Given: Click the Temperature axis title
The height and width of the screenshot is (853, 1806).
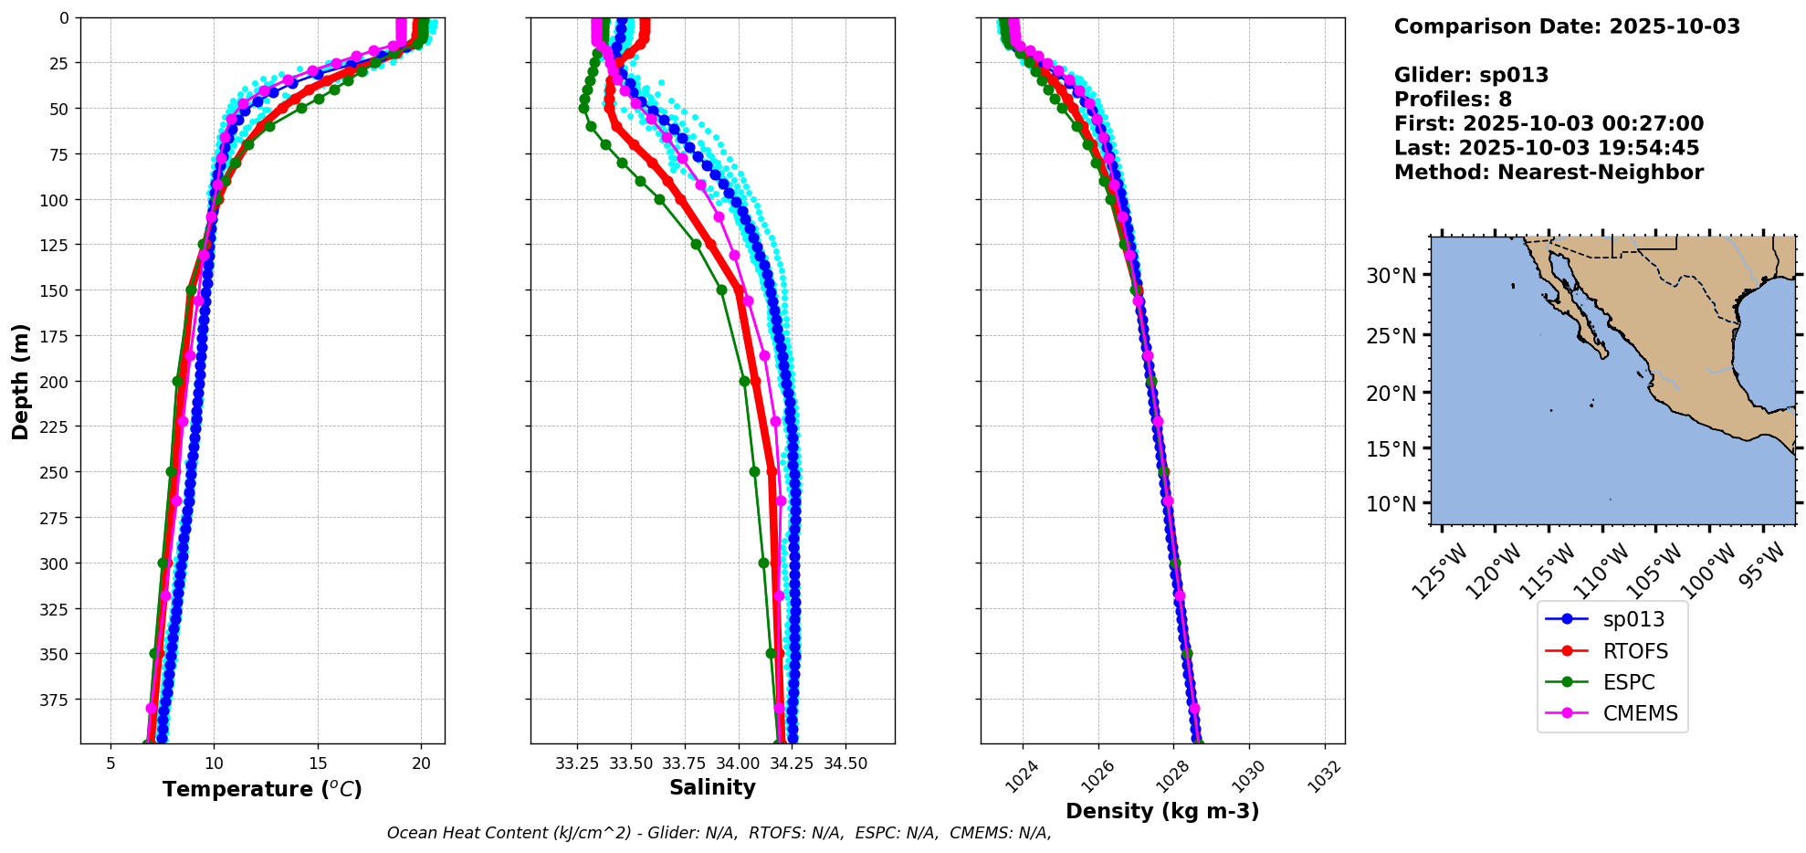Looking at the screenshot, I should coord(262,789).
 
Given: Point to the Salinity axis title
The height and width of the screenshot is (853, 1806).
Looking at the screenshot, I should coord(712,787).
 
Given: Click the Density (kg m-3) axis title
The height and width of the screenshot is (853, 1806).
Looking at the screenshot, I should coord(1162,811).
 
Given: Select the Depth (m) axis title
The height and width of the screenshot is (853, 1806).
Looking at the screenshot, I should coord(20,381).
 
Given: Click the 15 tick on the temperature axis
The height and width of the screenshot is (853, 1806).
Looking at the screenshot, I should coord(318,763).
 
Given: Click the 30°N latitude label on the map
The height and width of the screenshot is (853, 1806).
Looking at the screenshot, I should coord(1391,275).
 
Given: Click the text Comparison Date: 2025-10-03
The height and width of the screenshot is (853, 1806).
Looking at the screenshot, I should coord(1567,26).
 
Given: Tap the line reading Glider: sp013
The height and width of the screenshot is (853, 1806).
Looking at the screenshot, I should coord(1471,75).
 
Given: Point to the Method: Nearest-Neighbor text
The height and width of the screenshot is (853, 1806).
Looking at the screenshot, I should coord(1549,173).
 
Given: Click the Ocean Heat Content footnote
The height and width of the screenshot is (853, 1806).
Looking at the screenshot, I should coord(719,833).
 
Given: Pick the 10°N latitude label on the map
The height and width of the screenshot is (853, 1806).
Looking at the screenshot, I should coord(1391,504).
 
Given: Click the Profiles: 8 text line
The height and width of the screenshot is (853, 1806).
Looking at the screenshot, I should coord(1453,100).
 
